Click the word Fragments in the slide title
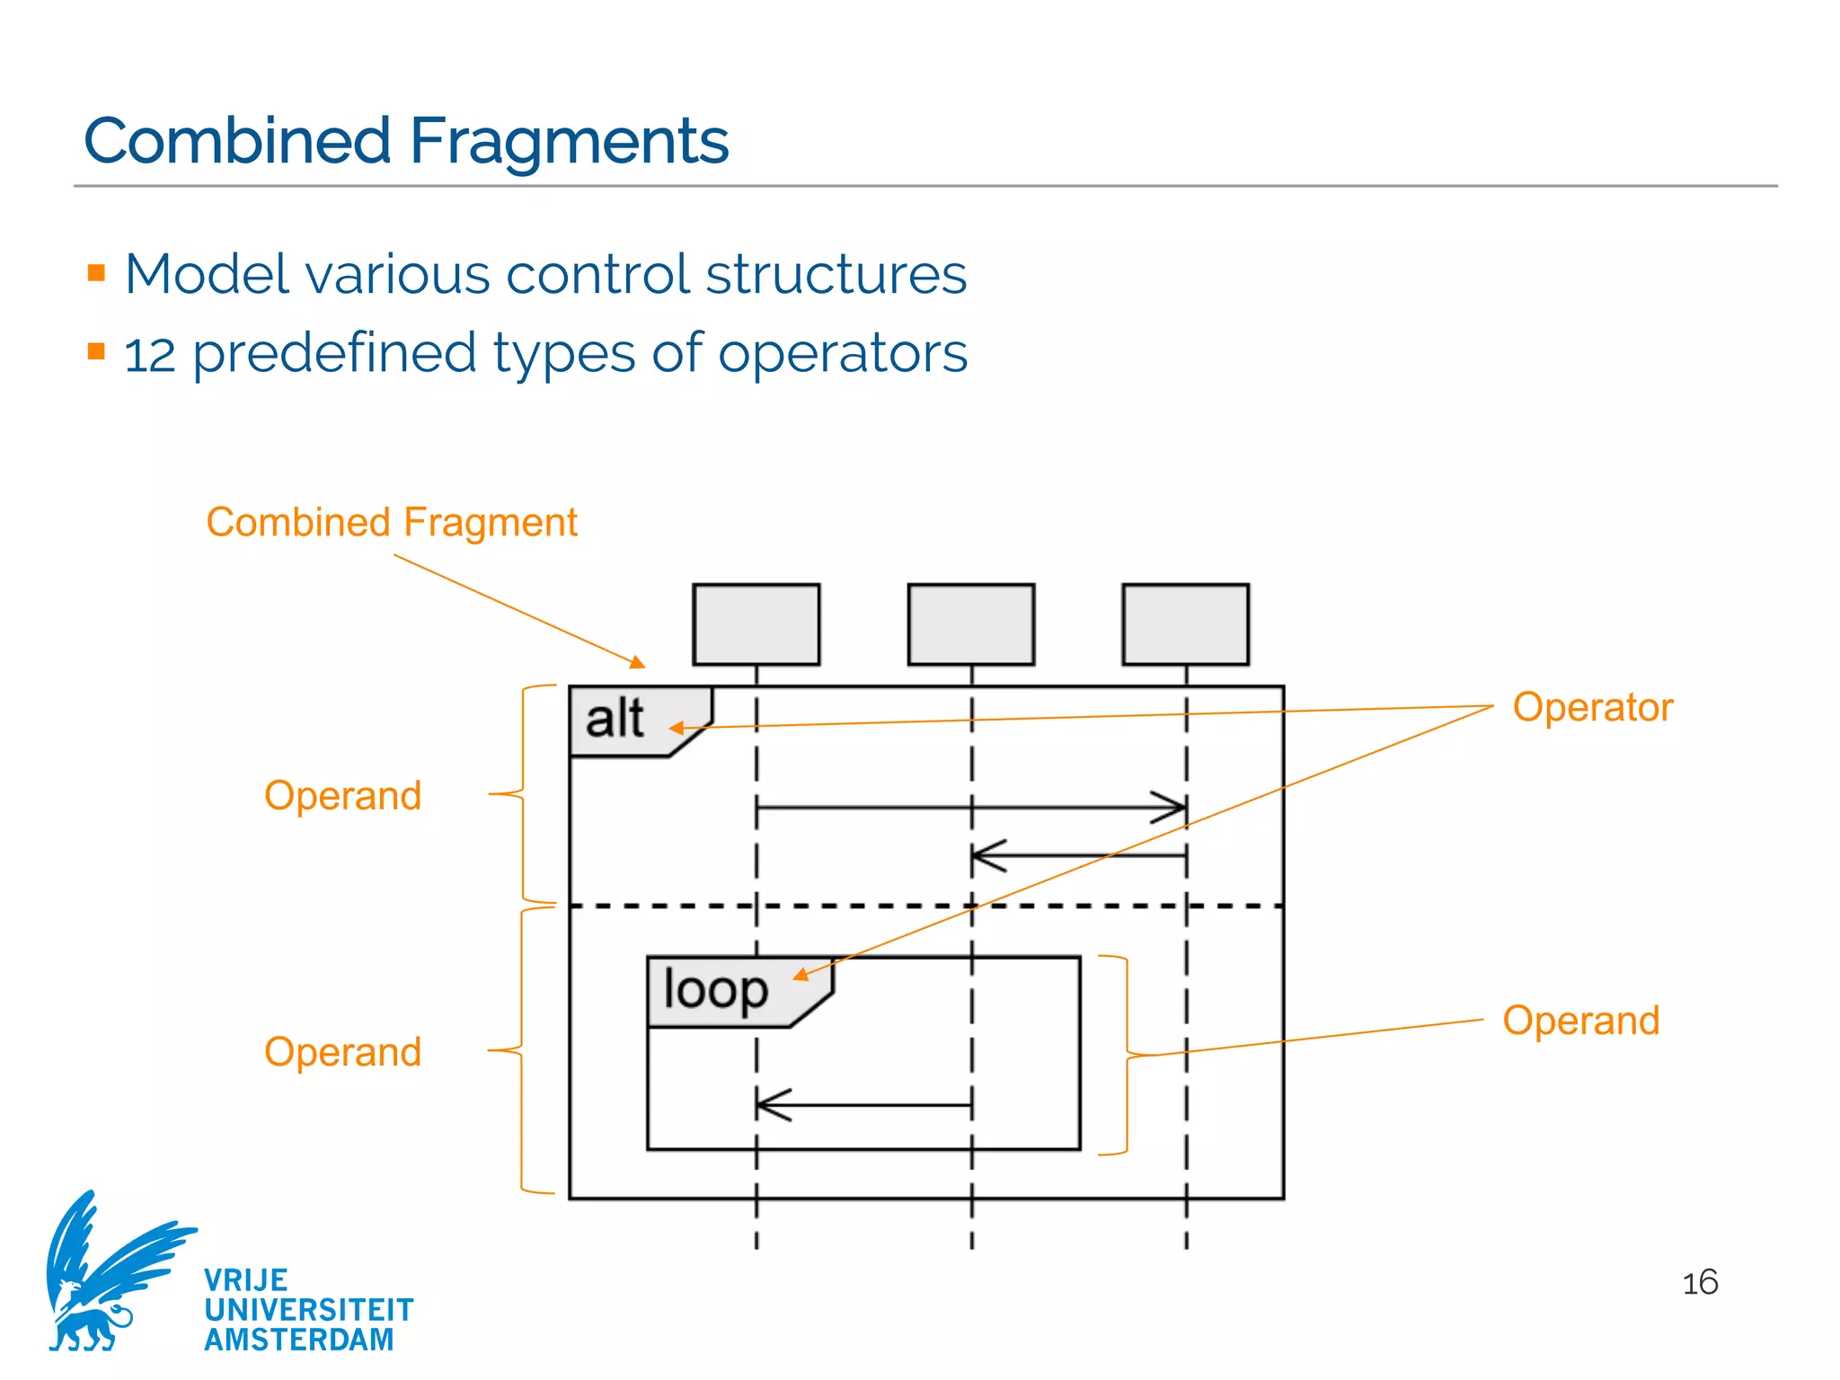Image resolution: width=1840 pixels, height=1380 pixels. (569, 141)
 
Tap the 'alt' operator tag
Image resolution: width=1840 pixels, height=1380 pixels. (615, 720)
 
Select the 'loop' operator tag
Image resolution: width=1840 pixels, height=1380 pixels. (716, 990)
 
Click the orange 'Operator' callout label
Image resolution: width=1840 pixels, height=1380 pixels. (1592, 707)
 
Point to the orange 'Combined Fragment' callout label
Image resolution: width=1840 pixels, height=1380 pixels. (392, 522)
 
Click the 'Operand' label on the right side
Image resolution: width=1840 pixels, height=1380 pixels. (1580, 1021)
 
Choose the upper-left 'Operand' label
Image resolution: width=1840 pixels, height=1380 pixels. (342, 796)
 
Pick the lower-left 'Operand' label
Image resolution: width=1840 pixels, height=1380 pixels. (342, 1052)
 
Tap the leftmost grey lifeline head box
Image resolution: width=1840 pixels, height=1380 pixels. (756, 624)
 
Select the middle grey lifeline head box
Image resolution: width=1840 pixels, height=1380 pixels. (970, 624)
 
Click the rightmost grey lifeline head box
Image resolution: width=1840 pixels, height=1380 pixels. (1185, 624)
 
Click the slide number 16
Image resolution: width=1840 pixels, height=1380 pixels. (1699, 1283)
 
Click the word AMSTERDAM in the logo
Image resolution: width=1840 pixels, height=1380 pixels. (299, 1340)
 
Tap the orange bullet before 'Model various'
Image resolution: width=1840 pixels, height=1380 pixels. (97, 272)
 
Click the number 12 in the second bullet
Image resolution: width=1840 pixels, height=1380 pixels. (149, 356)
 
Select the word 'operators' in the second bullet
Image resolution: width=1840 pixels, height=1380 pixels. (843, 353)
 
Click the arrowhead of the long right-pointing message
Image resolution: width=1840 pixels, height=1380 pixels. (1172, 808)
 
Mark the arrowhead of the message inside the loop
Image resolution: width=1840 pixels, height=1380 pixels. (771, 1105)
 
